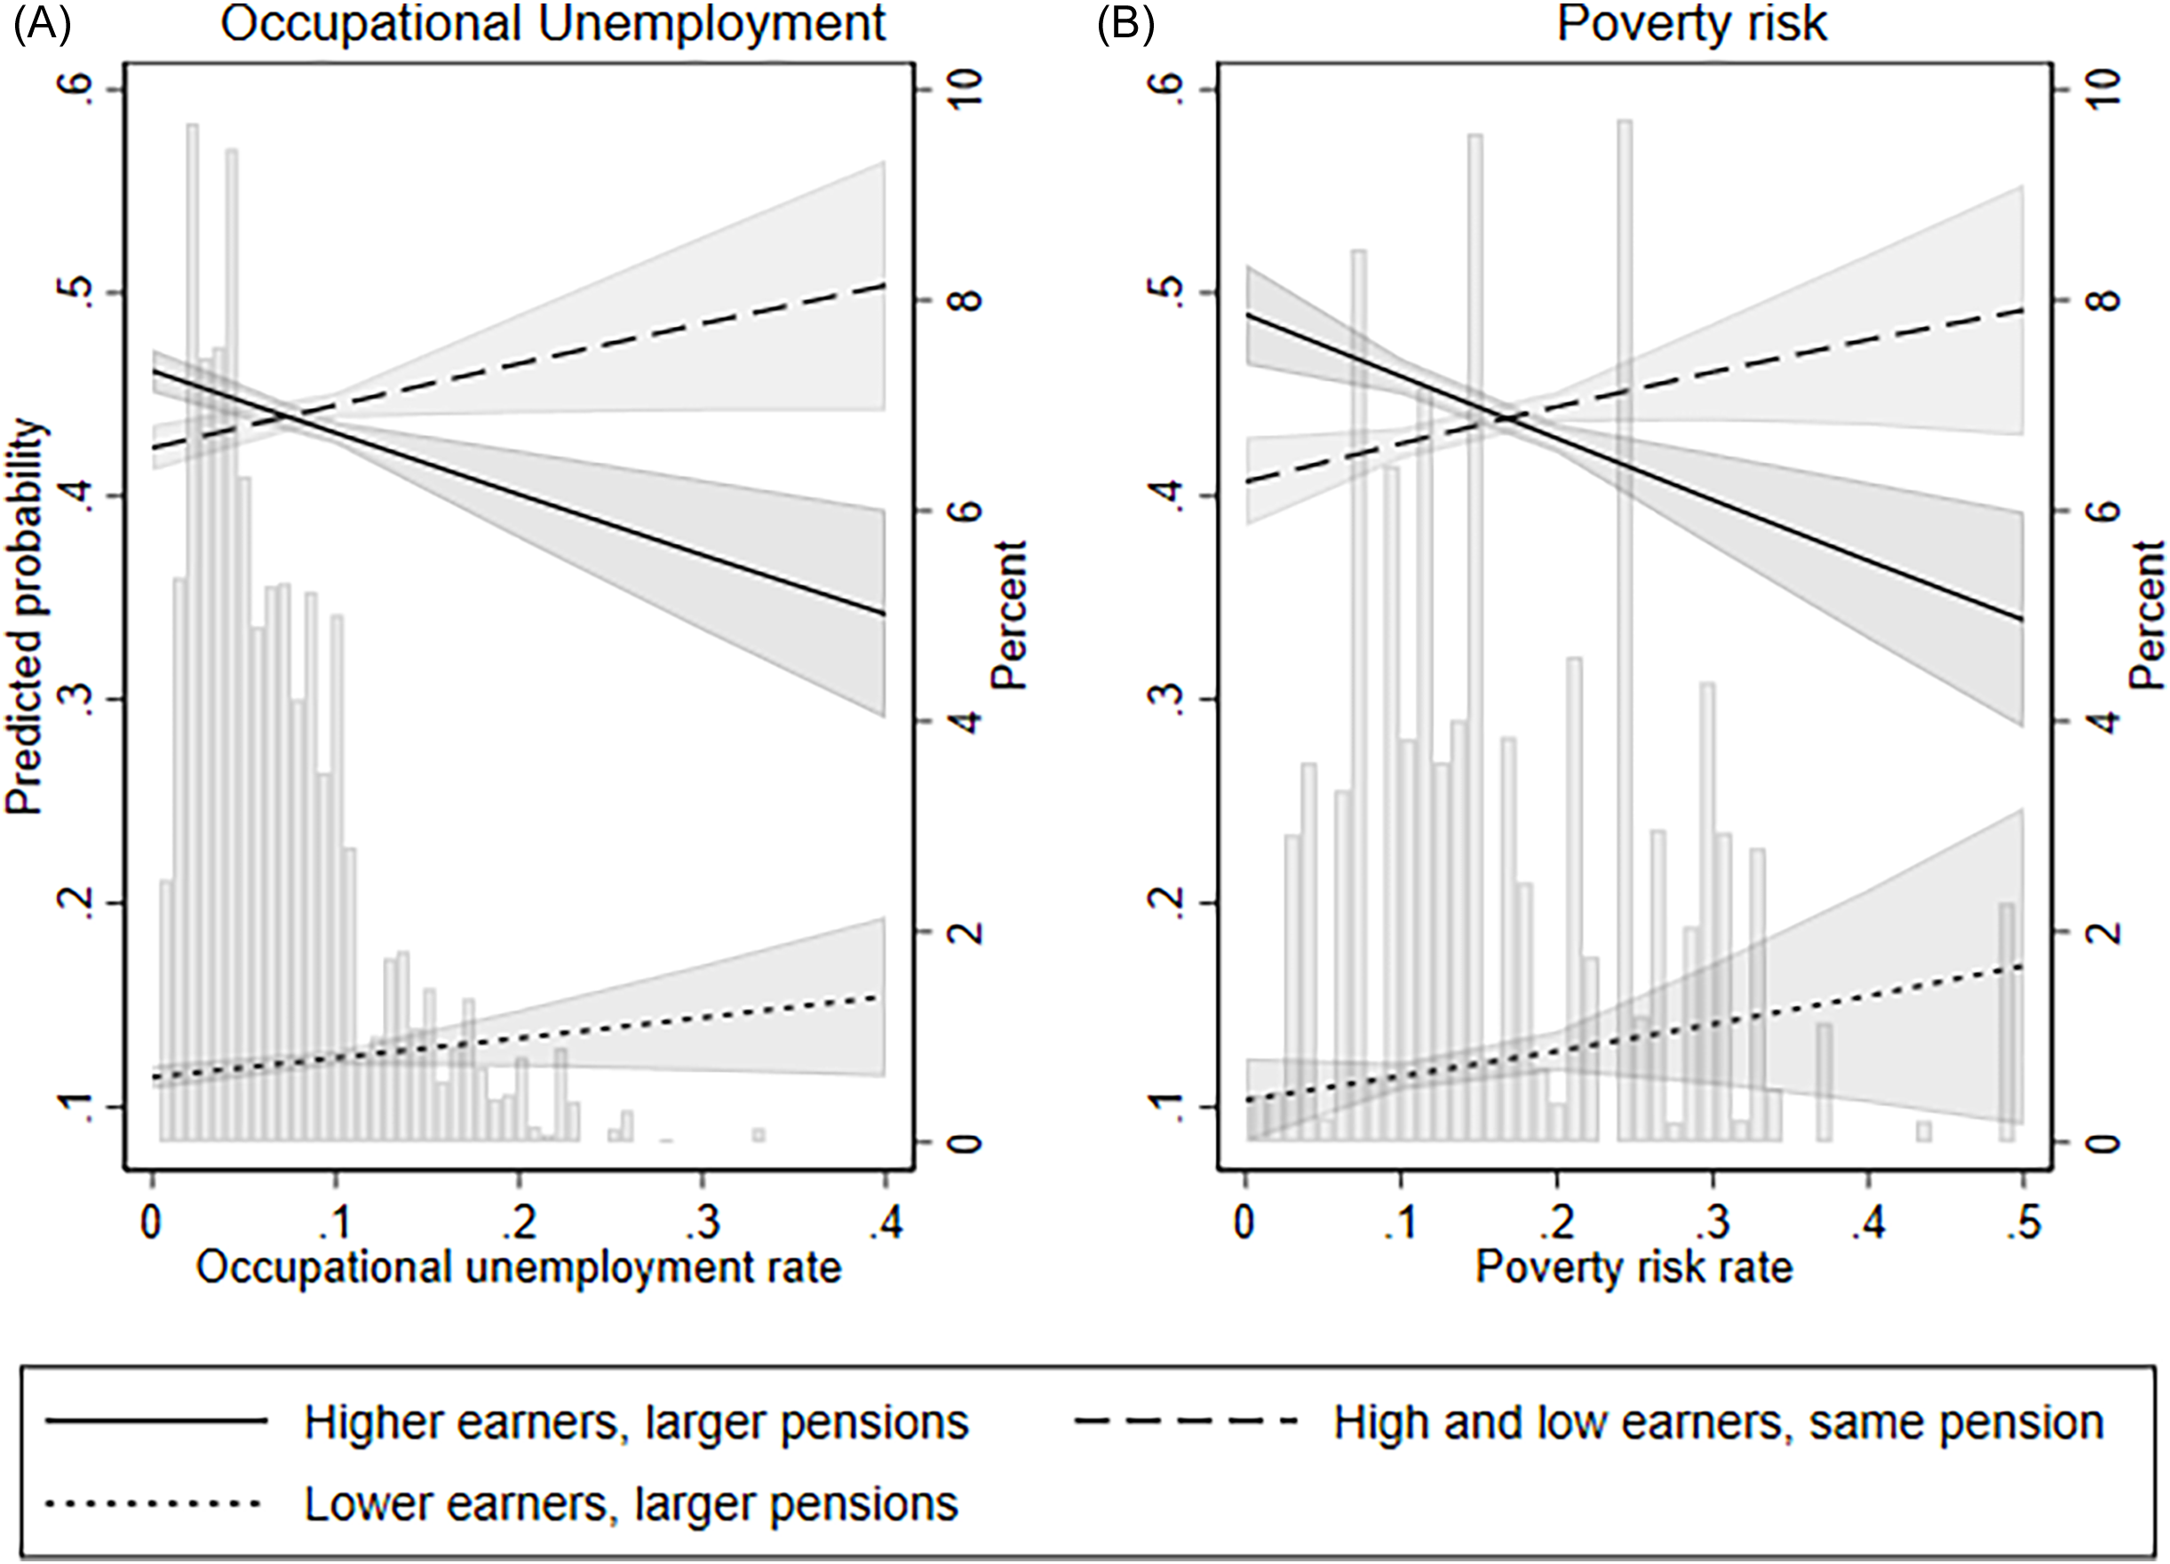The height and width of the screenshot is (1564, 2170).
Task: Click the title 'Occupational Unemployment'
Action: (553, 24)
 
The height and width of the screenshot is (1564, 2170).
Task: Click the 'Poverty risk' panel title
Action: (1691, 24)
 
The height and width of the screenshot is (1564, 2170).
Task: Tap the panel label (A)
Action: (41, 24)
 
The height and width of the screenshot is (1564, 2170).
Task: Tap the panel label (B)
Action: (1125, 24)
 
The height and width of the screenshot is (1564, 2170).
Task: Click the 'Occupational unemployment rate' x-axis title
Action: (519, 1268)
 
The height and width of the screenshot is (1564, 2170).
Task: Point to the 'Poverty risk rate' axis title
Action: (1633, 1268)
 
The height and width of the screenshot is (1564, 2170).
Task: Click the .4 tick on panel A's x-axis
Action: (885, 1222)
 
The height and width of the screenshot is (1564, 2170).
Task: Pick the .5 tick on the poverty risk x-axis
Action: (2022, 1222)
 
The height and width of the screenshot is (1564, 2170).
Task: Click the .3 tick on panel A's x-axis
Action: (702, 1222)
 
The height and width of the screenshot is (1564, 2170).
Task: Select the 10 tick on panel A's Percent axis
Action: (966, 90)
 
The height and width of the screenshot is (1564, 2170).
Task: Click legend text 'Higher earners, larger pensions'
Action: (636, 1423)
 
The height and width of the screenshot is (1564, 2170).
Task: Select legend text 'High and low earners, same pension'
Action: (1719, 1423)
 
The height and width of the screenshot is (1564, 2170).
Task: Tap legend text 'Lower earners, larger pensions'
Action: (631, 1504)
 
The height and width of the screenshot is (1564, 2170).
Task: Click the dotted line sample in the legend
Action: (153, 1504)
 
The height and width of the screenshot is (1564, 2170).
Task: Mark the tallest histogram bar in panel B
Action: (1625, 574)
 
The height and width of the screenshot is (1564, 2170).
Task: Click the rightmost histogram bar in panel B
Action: (2007, 1023)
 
